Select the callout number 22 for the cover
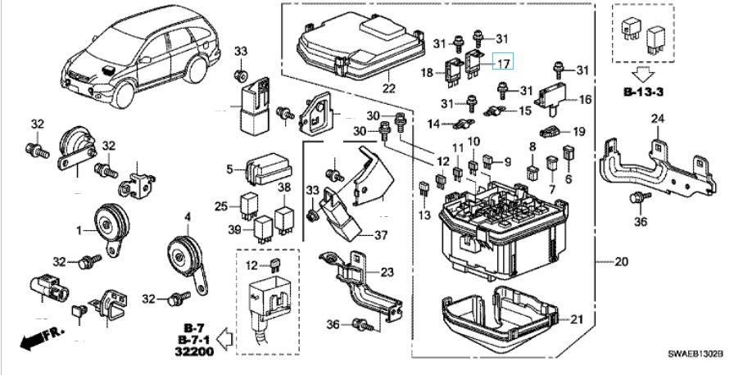(x=387, y=88)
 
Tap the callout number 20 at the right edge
(x=622, y=262)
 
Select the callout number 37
(x=380, y=236)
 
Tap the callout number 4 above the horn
(x=188, y=217)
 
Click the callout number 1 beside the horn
(x=79, y=232)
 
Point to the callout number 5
(x=230, y=170)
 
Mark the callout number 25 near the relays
(x=220, y=206)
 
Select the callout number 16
(x=585, y=100)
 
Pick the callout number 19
(x=578, y=131)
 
